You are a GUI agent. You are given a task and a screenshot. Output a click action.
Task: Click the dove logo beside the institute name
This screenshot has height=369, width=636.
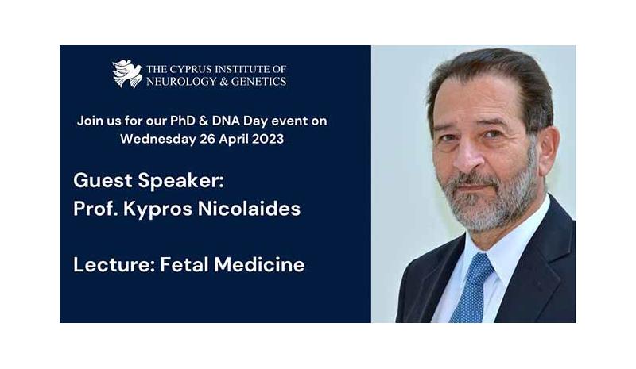click(x=126, y=74)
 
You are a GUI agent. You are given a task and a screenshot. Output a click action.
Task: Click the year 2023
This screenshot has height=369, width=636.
click(x=268, y=139)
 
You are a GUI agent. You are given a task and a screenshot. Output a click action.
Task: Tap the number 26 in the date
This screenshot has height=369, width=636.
click(x=207, y=139)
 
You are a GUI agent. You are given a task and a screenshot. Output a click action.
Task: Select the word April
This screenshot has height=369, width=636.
click(x=233, y=140)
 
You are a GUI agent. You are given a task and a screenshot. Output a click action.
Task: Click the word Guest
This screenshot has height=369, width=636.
click(x=103, y=181)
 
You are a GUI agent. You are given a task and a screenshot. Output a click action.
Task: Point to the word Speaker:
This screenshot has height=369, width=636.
click(x=181, y=181)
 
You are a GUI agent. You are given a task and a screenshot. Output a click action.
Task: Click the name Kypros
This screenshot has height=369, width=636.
click(x=157, y=209)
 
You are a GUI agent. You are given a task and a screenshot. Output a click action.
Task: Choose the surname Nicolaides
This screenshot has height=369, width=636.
click(x=249, y=209)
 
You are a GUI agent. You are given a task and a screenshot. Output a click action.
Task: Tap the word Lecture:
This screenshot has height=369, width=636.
click(x=114, y=265)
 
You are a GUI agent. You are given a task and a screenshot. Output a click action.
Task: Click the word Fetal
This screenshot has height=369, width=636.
click(x=184, y=265)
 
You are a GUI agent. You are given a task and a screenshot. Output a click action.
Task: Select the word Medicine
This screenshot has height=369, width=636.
click(x=259, y=265)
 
